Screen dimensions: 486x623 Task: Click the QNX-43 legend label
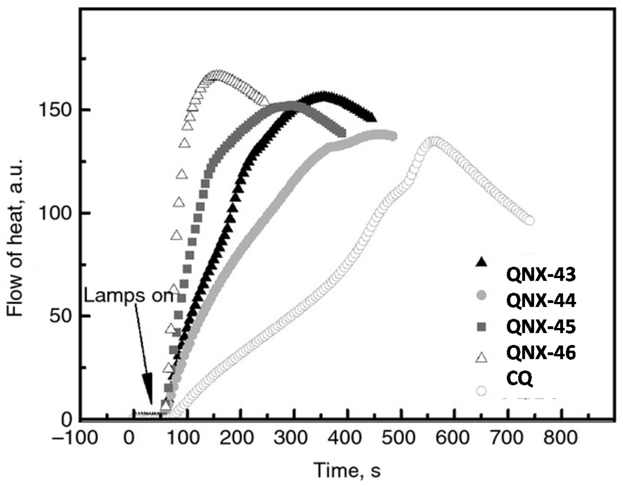(x=541, y=275)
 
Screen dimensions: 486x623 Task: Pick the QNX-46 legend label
(x=541, y=353)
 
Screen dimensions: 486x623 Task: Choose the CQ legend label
(x=519, y=379)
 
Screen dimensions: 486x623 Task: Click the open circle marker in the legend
(x=481, y=391)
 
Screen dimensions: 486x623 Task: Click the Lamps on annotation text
(x=129, y=296)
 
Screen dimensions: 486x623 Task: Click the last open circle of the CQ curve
(x=529, y=221)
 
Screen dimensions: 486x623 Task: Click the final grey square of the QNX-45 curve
(x=341, y=133)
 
